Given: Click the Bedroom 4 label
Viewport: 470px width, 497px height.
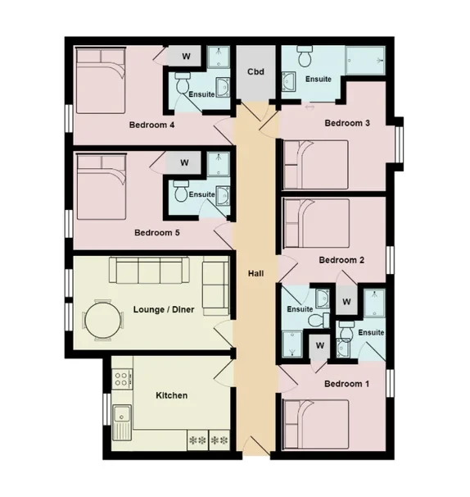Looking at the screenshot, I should coord(152,125).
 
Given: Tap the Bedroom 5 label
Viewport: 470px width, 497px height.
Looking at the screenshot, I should coord(156,233).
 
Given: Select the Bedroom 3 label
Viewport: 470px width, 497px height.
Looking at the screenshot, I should coord(347,123).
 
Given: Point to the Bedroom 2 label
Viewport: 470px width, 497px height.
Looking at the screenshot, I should coord(341,260).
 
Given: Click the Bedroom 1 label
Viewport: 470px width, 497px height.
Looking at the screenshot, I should coord(346,384).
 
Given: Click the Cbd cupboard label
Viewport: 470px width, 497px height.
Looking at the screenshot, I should coord(255,71).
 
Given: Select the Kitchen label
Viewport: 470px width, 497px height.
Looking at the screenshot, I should coord(172,395).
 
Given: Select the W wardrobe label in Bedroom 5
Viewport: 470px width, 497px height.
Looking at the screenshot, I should coord(184,162).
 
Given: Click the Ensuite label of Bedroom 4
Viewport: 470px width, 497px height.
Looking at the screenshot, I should coord(201,94).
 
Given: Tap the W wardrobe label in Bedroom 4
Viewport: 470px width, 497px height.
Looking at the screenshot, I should coord(186,57).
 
